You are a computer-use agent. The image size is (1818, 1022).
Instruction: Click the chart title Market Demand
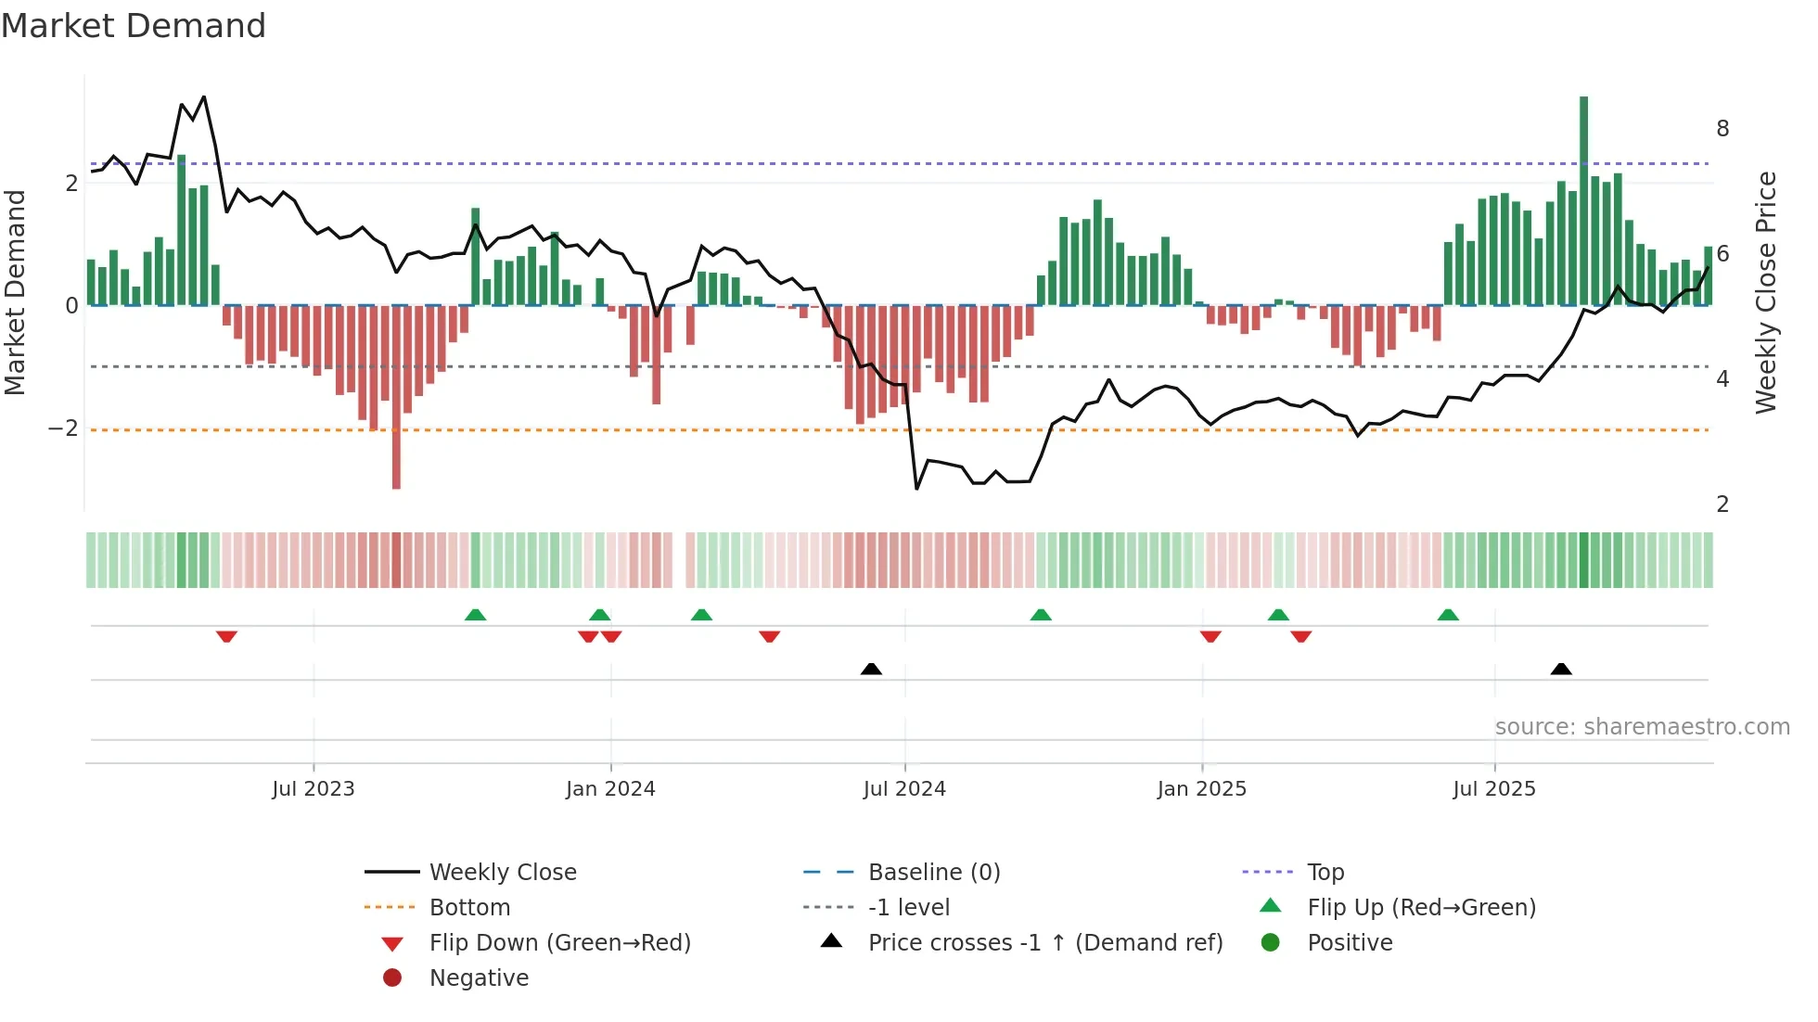tap(134, 26)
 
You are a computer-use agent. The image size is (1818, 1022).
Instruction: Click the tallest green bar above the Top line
tap(1583, 199)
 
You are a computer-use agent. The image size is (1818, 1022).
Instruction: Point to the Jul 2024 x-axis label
tap(904, 789)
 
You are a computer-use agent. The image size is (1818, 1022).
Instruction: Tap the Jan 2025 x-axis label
tap(1201, 789)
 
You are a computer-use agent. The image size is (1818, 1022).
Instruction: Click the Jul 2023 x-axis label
tap(314, 789)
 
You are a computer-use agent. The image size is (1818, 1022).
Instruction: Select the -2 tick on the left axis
tap(64, 428)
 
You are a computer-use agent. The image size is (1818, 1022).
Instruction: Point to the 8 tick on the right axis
tap(1722, 129)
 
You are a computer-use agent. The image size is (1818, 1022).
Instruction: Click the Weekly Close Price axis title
tap(1766, 292)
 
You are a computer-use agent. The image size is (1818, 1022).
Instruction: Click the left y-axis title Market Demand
tap(15, 292)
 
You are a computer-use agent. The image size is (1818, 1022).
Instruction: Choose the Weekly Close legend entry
tap(503, 873)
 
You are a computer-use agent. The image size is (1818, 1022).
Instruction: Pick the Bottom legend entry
tap(469, 908)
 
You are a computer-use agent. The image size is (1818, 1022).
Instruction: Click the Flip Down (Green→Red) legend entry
tap(559, 943)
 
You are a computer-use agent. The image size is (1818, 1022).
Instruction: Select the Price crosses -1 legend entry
tap(1044, 943)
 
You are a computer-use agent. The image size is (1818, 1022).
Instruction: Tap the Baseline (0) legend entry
tap(933, 873)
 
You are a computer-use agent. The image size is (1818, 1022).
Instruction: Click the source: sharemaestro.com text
tap(1642, 727)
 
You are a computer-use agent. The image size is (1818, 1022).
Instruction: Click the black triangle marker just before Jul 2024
tap(871, 669)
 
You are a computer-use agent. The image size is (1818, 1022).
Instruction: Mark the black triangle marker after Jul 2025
tap(1561, 669)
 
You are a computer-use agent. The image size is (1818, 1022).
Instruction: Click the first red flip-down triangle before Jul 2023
tap(226, 636)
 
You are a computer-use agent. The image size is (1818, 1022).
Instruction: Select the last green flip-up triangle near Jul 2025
tap(1448, 615)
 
